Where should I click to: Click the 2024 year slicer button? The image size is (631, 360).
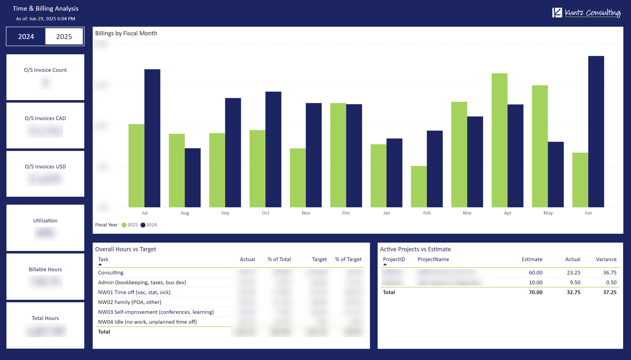point(26,37)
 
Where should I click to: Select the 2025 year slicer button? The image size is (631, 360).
point(64,37)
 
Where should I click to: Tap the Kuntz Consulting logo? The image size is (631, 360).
point(586,13)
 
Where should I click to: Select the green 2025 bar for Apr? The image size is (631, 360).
point(499,140)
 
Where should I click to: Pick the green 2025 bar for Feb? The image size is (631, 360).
point(419,186)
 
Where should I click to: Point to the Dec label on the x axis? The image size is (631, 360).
point(346,213)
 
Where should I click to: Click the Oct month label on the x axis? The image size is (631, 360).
point(265,213)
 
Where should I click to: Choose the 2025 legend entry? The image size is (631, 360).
point(130,225)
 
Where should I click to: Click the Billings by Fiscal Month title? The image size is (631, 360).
point(126,33)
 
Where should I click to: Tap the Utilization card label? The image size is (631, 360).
point(45,221)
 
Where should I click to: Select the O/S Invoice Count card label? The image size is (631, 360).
point(45,70)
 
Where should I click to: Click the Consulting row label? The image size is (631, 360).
point(111,273)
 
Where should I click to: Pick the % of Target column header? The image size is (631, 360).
point(348,259)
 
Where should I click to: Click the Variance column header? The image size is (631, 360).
point(606,259)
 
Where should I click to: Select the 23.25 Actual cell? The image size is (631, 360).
point(573,273)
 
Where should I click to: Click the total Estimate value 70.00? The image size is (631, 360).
point(535,292)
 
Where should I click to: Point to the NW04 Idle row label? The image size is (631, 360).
point(147,322)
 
